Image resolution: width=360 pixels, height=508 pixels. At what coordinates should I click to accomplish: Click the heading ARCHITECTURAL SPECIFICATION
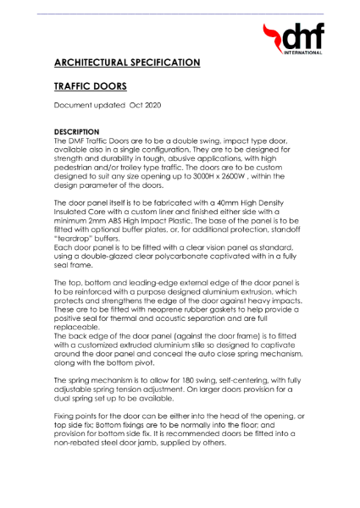127,63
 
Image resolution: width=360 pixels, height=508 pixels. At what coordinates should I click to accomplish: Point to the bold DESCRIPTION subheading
76,132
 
